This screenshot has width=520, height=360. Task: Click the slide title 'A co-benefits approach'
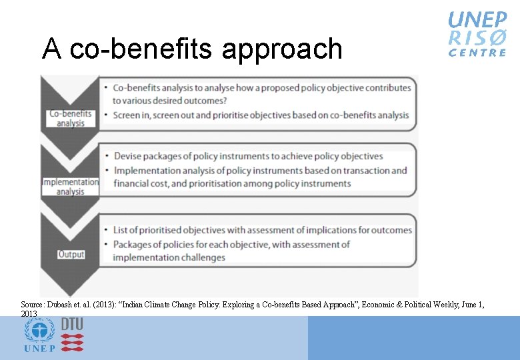coord(192,49)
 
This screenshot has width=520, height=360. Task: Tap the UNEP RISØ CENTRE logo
coord(477,34)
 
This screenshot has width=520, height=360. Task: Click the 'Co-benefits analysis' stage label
coord(70,118)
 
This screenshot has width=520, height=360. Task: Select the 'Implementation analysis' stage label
coord(70,187)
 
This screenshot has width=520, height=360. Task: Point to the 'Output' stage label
coord(71,254)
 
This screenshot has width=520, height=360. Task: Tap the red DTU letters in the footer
coord(72,323)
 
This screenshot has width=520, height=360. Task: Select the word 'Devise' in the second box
coord(129,156)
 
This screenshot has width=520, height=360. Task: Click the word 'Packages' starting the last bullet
coord(133,244)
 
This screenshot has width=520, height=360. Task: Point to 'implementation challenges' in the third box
coord(169,257)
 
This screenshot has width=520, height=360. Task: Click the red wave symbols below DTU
coord(72,342)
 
